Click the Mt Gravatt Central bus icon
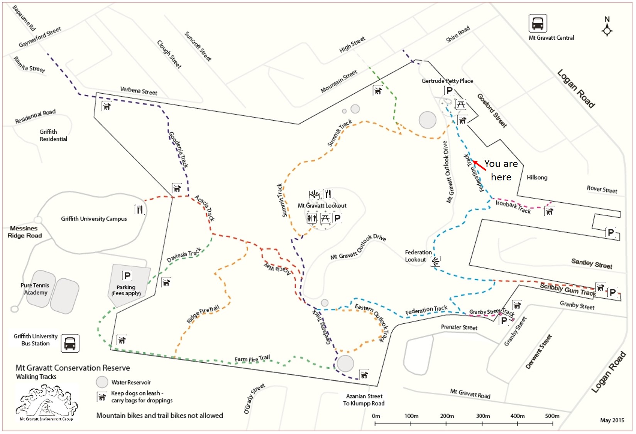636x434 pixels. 538,23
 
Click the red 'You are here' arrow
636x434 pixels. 480,165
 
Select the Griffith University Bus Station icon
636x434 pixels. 70,343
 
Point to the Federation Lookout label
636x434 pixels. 418,256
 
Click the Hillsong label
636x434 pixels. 537,177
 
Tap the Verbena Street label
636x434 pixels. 139,91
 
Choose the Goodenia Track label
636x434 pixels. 179,150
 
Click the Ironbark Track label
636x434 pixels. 513,207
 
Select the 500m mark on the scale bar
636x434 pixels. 552,416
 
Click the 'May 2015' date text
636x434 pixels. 612,420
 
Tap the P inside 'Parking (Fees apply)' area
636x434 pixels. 127,276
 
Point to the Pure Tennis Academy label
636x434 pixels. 35,289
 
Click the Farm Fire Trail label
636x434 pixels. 252,359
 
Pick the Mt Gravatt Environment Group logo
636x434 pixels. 46,403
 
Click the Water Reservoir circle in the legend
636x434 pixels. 102,382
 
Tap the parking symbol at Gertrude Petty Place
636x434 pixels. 449,91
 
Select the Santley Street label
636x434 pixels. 592,264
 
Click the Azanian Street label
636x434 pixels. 364,396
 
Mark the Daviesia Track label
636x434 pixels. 184,255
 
